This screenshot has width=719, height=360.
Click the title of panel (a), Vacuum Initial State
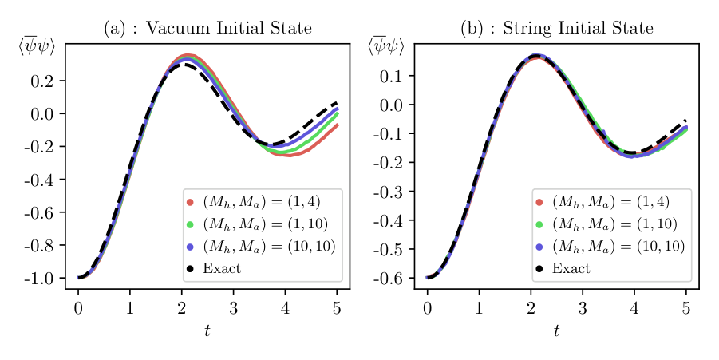pyautogui.click(x=207, y=30)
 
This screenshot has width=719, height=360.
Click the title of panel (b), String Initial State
pyautogui.click(x=556, y=30)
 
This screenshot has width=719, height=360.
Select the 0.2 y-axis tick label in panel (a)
pyautogui.click(x=41, y=81)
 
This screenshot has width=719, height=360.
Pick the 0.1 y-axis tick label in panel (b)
pyautogui.click(x=391, y=77)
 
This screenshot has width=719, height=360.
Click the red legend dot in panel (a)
pyautogui.click(x=190, y=202)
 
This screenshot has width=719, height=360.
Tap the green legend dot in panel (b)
pyautogui.click(x=539, y=224)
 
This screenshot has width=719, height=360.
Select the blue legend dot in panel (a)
pyautogui.click(x=190, y=247)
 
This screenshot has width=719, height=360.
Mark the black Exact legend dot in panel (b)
pyautogui.click(x=539, y=269)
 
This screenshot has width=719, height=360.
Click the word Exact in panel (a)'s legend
pyautogui.click(x=221, y=269)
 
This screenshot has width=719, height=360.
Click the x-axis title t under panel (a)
pyautogui.click(x=207, y=330)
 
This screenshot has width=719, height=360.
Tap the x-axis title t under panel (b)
pyautogui.click(x=556, y=330)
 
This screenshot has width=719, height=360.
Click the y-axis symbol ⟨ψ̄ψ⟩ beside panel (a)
pyautogui.click(x=37, y=47)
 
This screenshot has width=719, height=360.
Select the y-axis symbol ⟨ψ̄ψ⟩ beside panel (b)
pyautogui.click(x=385, y=47)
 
